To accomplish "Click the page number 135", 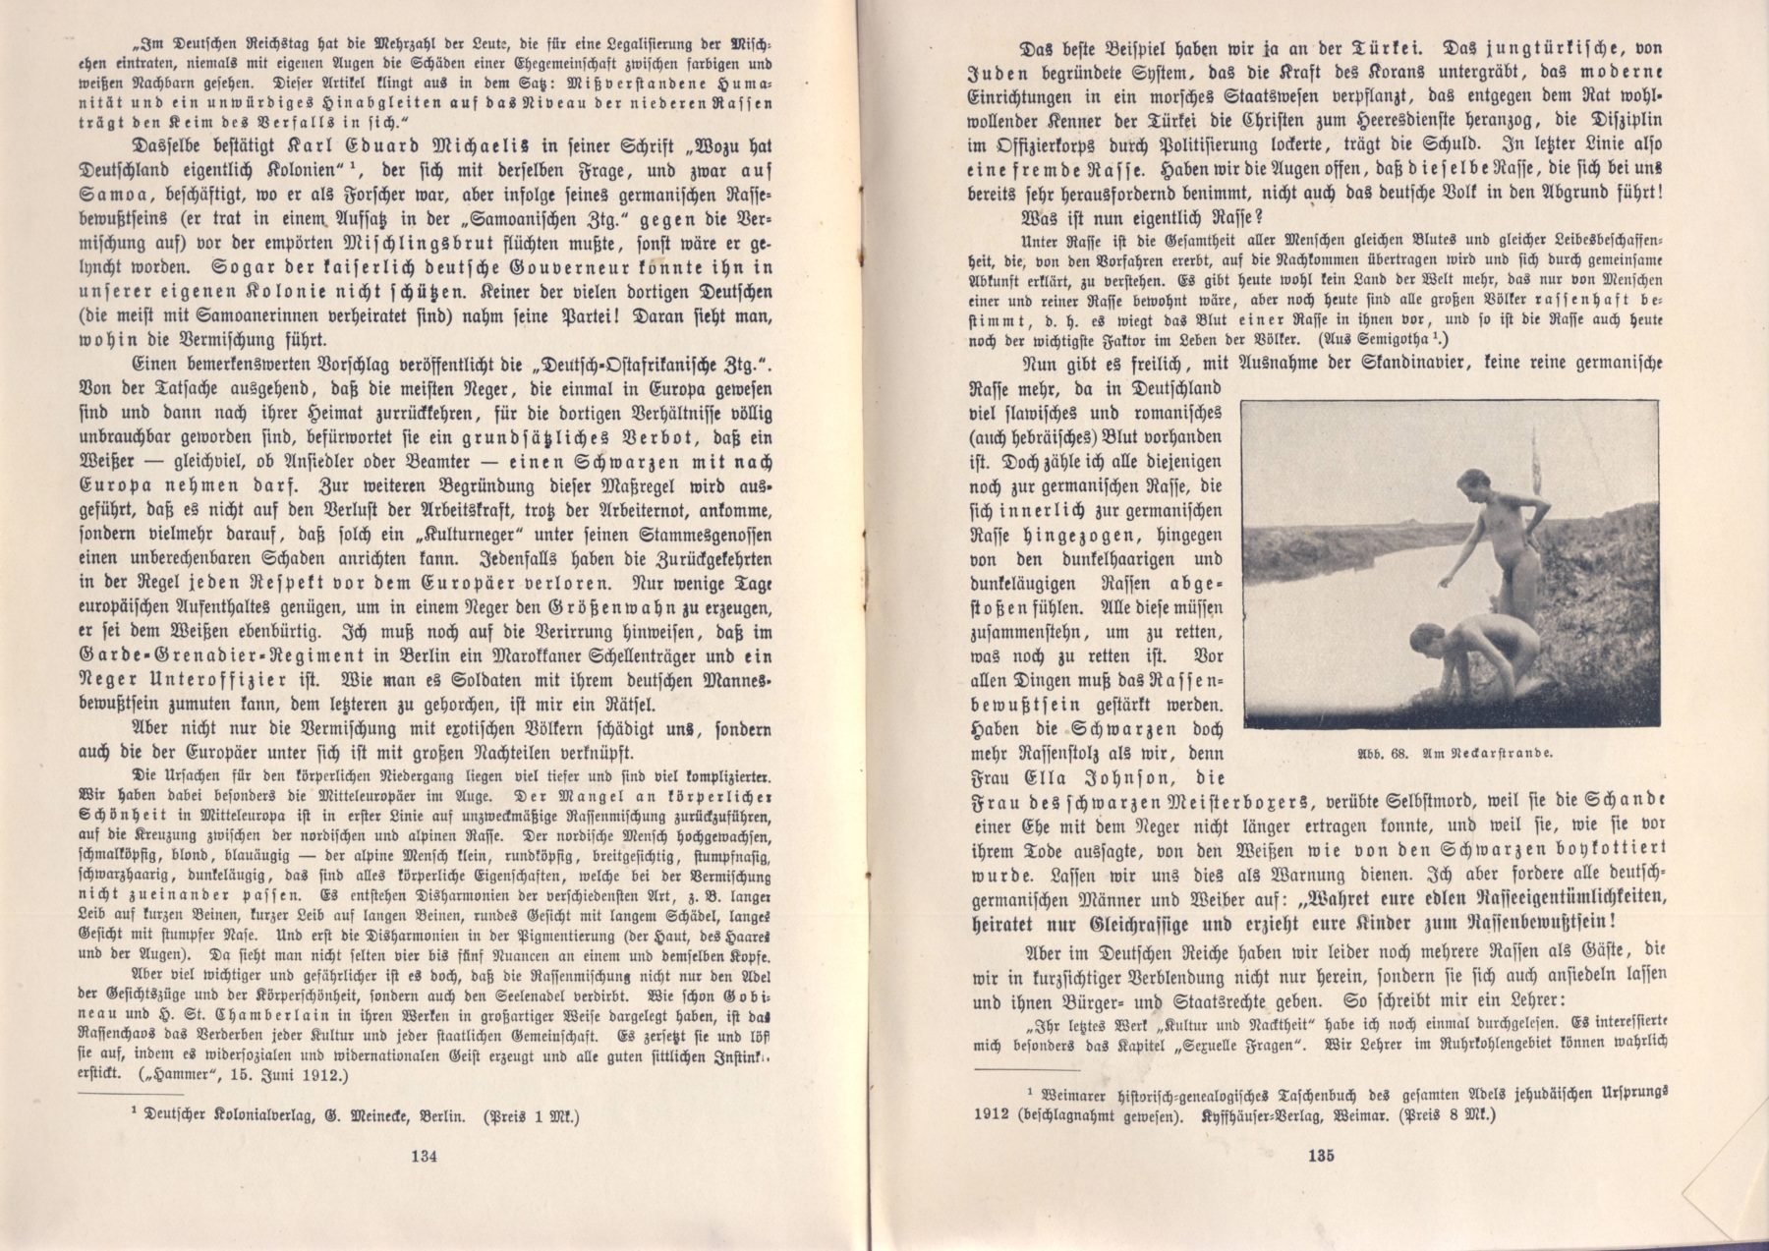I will coord(1322,1156).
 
